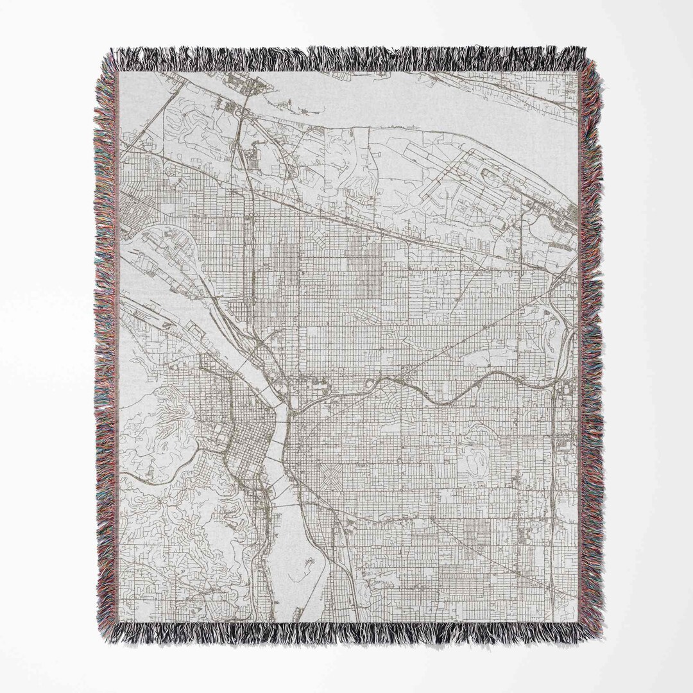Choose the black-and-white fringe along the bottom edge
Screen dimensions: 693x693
pos(346,635)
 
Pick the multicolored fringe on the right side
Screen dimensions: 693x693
pos(591,346)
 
